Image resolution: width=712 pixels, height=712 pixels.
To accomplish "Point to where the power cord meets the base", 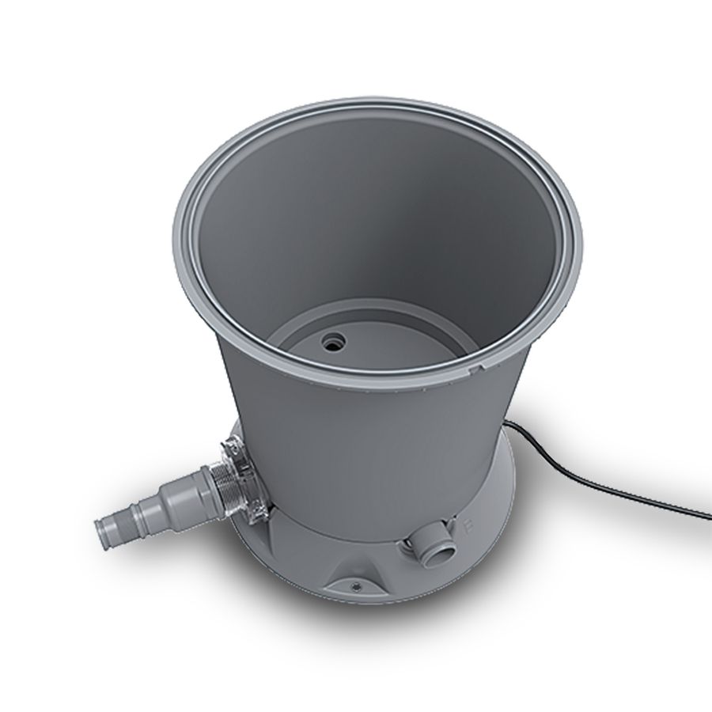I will click(508, 427).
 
